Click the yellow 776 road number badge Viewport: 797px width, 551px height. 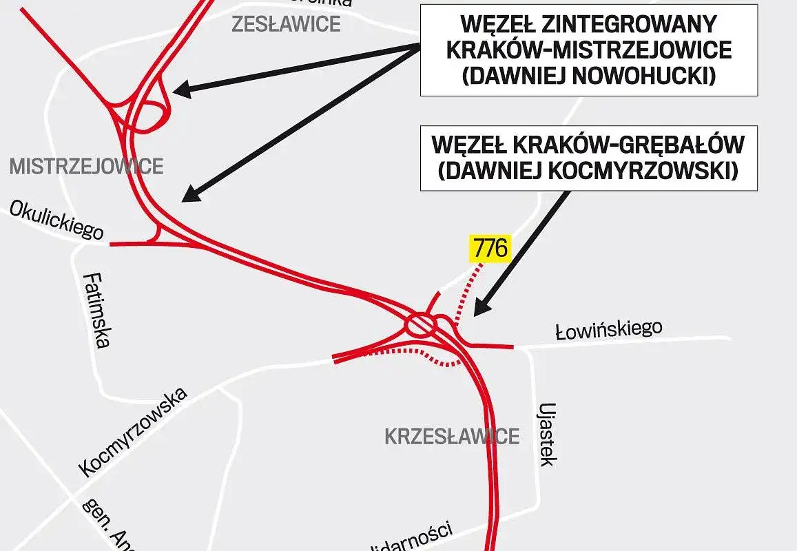coord(490,249)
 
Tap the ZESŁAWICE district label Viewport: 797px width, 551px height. coord(286,24)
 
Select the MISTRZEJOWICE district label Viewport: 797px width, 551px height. coord(86,166)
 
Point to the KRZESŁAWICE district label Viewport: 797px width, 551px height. coord(451,436)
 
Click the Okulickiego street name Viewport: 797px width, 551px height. coord(57,221)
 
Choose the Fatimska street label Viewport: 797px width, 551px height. coord(96,310)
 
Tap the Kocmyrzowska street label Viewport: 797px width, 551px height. coord(133,432)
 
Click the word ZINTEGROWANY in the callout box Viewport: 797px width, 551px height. coord(630,25)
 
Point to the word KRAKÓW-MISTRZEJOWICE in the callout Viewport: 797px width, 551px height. coord(589,50)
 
